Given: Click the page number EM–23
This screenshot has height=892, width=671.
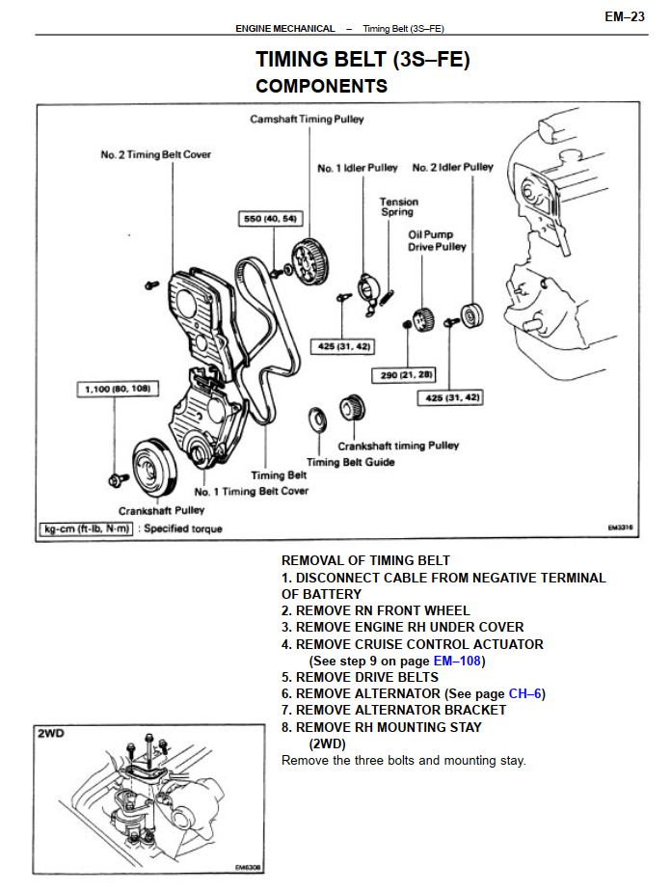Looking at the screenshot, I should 625,16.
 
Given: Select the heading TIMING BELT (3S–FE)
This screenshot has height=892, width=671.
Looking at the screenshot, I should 362,60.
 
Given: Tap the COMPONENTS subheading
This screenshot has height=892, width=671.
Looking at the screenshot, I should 321,87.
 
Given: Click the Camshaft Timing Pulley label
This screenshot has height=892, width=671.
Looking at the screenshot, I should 307,121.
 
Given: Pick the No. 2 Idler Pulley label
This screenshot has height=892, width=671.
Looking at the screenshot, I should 452,168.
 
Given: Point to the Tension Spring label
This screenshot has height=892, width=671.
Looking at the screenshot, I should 398,206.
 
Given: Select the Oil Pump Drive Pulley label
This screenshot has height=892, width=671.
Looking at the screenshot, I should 437,240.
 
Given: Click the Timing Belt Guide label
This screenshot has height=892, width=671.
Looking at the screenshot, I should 350,462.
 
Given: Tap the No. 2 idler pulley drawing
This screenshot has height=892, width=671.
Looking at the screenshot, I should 472,314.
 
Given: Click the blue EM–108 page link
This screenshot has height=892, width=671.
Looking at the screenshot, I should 458,661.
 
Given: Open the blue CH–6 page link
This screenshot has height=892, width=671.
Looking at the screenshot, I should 524,693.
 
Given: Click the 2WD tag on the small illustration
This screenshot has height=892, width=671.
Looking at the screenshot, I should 51,734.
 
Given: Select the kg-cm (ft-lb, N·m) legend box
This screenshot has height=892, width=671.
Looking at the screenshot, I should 85,528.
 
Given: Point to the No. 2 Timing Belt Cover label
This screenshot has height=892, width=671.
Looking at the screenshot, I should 155,154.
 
